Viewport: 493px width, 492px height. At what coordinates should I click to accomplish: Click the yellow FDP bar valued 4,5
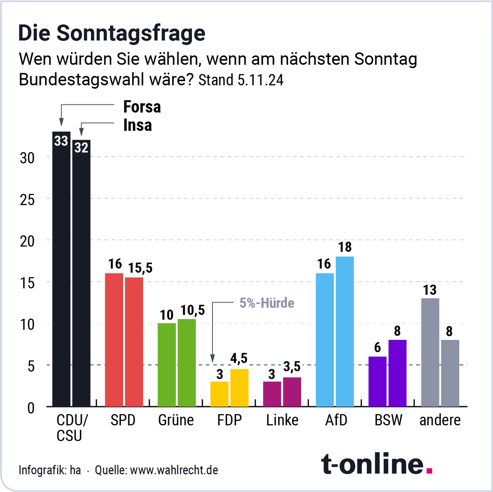(x=239, y=388)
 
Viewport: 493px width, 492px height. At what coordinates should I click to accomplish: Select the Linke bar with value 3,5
(x=292, y=392)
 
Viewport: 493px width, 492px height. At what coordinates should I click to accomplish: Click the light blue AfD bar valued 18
(x=345, y=332)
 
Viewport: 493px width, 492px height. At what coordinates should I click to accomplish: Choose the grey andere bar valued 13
(x=430, y=352)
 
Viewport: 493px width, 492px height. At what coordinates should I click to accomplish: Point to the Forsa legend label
(x=142, y=107)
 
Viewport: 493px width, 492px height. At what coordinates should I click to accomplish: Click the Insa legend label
(x=138, y=125)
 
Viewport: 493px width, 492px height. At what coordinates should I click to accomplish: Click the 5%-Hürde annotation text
(x=267, y=303)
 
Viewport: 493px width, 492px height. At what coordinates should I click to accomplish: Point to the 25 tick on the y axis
(x=27, y=200)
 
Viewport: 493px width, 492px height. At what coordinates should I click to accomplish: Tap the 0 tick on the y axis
(x=31, y=408)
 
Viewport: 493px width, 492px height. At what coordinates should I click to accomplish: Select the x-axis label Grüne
(x=176, y=420)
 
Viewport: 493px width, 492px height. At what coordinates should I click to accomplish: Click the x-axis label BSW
(x=388, y=420)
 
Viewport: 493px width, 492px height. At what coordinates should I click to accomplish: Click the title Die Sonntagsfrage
(x=112, y=33)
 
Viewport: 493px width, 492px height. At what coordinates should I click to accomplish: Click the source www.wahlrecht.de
(x=174, y=470)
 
